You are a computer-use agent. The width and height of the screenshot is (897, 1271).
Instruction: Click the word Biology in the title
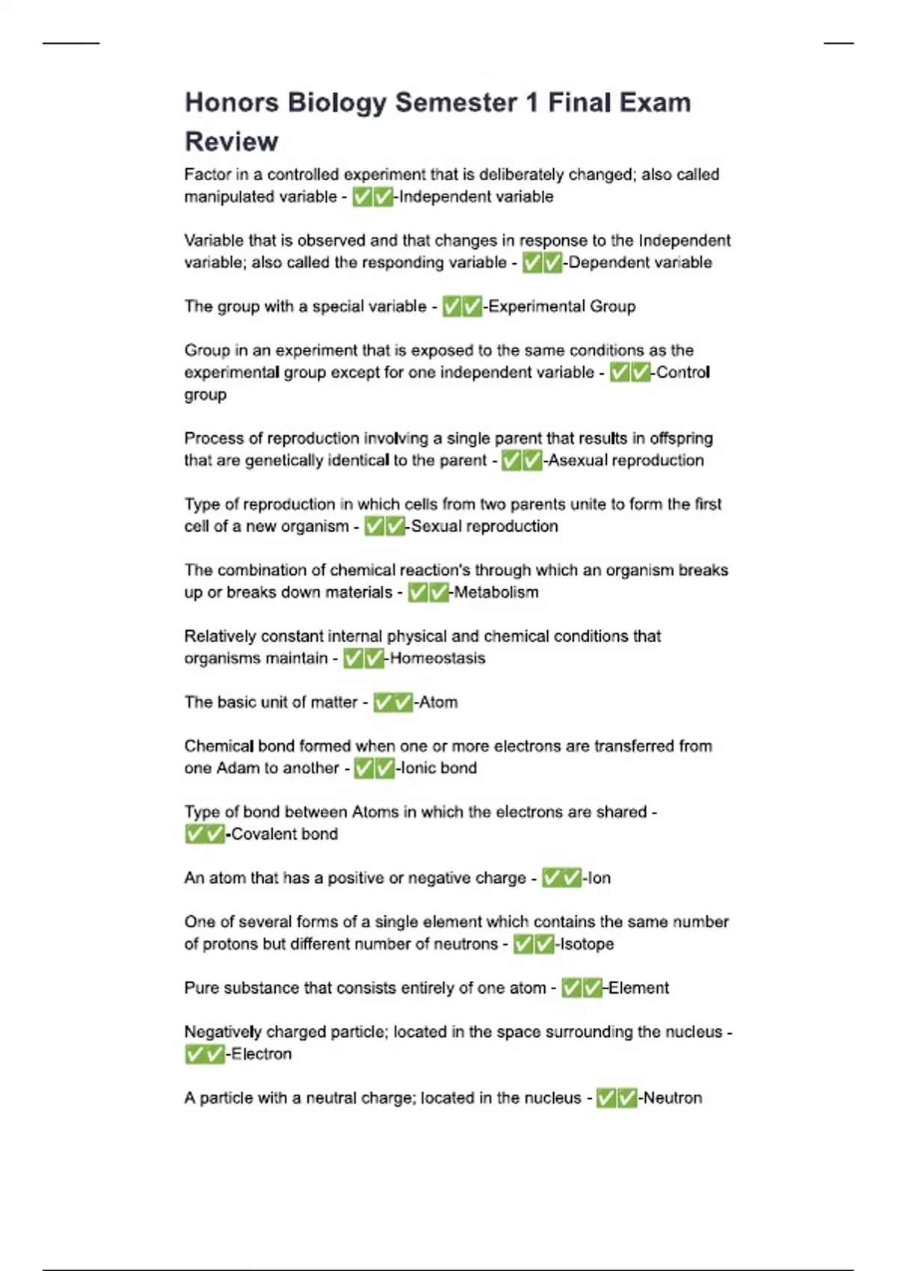tap(336, 103)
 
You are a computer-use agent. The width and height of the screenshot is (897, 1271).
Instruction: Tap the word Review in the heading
tap(231, 141)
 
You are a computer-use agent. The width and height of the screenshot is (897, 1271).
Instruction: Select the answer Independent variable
tap(476, 197)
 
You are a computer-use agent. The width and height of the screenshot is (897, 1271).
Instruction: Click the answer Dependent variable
tap(640, 262)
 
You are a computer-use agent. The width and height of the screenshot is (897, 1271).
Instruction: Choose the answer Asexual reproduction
tap(626, 461)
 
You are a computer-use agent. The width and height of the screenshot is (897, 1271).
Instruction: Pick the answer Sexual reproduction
tap(484, 526)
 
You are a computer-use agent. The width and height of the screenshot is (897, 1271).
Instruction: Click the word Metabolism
tap(496, 593)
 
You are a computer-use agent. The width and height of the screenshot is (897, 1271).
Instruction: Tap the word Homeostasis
tap(437, 659)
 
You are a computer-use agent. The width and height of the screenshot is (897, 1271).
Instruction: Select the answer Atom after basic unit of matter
tap(438, 703)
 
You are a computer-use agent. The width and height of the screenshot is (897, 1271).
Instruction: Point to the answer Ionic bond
tap(439, 769)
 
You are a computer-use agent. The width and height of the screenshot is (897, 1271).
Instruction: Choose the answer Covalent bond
tap(284, 834)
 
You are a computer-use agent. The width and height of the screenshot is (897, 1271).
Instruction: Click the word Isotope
tap(587, 944)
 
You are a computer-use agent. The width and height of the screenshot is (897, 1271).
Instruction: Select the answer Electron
tap(261, 1054)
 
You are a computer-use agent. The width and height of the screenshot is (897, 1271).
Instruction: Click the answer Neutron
tap(673, 1098)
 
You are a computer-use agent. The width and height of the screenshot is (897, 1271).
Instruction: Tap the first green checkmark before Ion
tap(552, 878)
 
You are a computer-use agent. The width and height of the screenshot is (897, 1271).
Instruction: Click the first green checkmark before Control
tap(620, 372)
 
